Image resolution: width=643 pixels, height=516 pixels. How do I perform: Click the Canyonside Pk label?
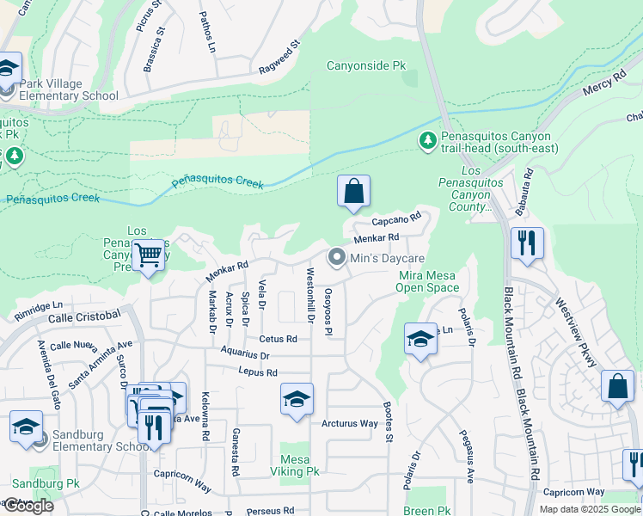click(x=365, y=65)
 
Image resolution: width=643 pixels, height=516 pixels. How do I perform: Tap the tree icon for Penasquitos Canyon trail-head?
click(x=426, y=139)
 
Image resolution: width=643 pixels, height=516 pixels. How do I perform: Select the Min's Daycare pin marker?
click(x=337, y=258)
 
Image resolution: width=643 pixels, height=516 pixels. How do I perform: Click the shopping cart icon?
click(x=148, y=255)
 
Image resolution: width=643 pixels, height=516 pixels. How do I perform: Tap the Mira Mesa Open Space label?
click(x=429, y=281)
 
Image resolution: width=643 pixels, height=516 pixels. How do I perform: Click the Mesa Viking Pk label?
click(x=299, y=465)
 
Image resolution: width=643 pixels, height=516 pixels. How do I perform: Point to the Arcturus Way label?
click(x=350, y=424)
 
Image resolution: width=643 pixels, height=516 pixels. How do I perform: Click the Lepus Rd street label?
click(x=259, y=372)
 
